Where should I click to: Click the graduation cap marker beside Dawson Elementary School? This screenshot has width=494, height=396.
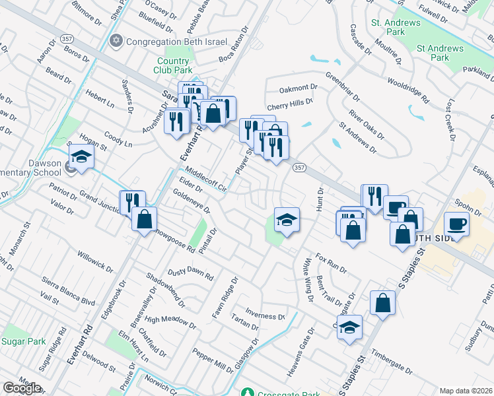(x=82, y=156)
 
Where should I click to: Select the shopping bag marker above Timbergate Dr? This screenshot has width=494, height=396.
(x=382, y=303)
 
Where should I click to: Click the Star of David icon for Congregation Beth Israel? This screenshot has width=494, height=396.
(x=117, y=41)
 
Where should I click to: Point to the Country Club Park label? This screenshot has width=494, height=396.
(x=172, y=65)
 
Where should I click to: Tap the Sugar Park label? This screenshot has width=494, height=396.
(x=23, y=341)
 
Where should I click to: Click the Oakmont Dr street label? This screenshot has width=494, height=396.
(x=299, y=88)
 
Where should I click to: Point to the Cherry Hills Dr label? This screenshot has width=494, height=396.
(x=289, y=104)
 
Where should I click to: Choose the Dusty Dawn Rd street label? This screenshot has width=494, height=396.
(x=191, y=273)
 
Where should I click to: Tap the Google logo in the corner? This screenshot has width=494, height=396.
(x=22, y=388)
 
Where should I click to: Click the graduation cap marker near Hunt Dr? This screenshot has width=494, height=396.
(x=287, y=219)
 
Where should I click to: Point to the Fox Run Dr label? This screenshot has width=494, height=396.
(x=331, y=261)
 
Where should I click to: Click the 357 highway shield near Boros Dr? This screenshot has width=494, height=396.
(x=85, y=40)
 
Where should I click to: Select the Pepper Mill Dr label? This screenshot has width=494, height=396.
(x=213, y=362)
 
